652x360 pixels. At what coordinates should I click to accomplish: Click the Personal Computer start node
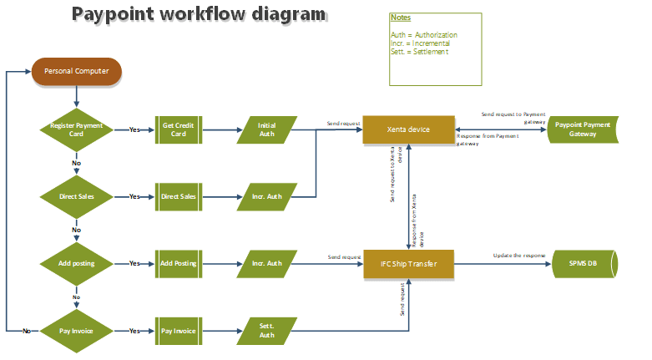click(76, 71)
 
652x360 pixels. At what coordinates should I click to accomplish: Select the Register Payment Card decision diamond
click(76, 129)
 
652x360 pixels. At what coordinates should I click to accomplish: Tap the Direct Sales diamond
click(76, 196)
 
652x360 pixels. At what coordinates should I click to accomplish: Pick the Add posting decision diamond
click(76, 263)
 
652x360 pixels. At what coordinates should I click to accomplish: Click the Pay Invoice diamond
click(76, 331)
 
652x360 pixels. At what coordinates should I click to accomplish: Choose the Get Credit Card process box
click(179, 129)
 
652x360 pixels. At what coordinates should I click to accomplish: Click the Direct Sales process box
click(179, 196)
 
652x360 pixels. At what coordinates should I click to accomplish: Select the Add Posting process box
click(179, 263)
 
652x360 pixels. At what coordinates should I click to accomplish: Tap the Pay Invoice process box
click(179, 331)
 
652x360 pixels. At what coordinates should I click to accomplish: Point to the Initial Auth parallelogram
click(267, 129)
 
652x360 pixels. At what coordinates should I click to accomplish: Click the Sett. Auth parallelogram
click(267, 331)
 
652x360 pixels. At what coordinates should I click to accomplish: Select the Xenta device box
click(408, 129)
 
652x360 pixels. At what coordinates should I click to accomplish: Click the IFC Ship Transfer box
click(408, 264)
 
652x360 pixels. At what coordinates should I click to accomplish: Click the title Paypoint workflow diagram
click(199, 14)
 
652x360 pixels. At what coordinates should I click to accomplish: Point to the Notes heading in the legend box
click(401, 18)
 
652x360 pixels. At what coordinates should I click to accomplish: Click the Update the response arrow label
click(518, 255)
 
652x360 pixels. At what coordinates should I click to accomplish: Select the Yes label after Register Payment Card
click(134, 129)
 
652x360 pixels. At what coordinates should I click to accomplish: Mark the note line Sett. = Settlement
click(419, 52)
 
